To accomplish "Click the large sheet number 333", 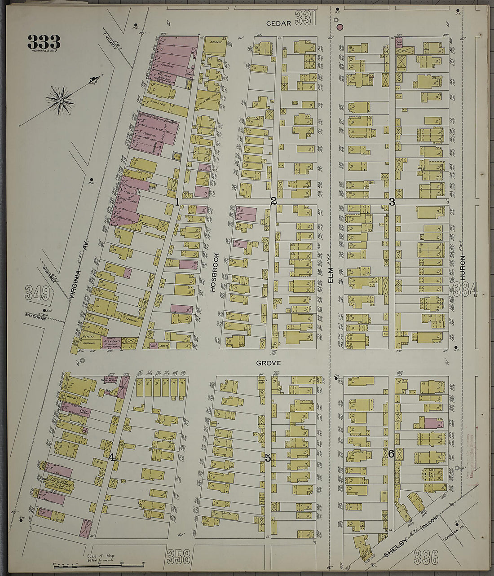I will tap(44, 42).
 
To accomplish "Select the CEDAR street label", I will tap(276, 23).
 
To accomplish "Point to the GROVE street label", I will tap(269, 363).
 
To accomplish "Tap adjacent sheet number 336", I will tap(425, 557).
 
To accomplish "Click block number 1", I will tap(177, 202).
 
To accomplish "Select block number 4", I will tap(111, 457).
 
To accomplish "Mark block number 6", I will tap(391, 454).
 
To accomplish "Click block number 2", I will tap(273, 201).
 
